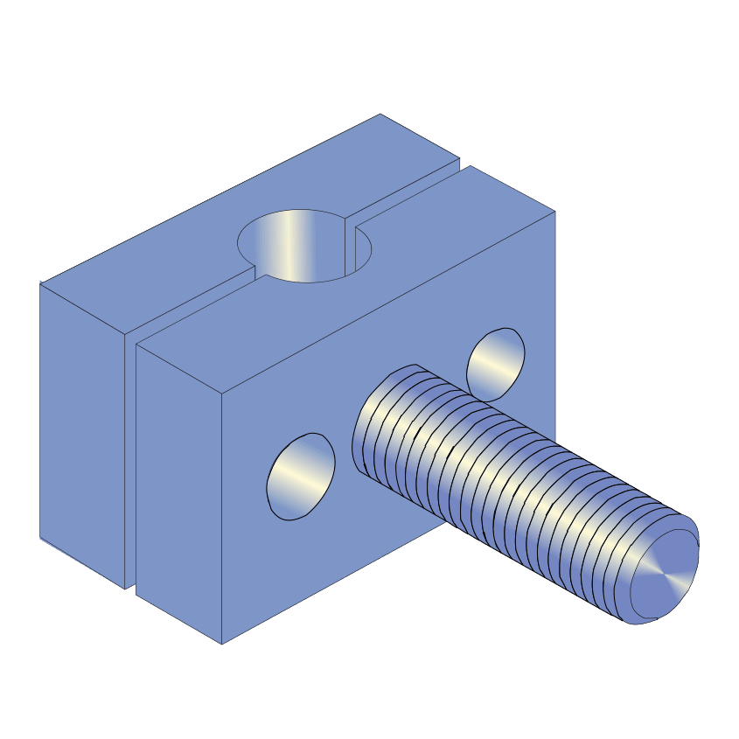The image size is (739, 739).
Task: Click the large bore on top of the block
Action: (x=305, y=246)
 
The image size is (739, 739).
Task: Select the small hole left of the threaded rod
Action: (x=301, y=476)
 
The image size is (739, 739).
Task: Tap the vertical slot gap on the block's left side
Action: (x=129, y=464)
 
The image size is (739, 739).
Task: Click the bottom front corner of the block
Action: (x=221, y=644)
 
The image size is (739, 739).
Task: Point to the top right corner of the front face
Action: (x=554, y=212)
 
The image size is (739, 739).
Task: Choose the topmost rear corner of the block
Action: (x=380, y=115)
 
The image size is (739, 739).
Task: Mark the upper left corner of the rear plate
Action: (x=40, y=283)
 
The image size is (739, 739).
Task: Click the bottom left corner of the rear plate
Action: (x=40, y=537)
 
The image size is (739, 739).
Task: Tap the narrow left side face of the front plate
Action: (x=178, y=490)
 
